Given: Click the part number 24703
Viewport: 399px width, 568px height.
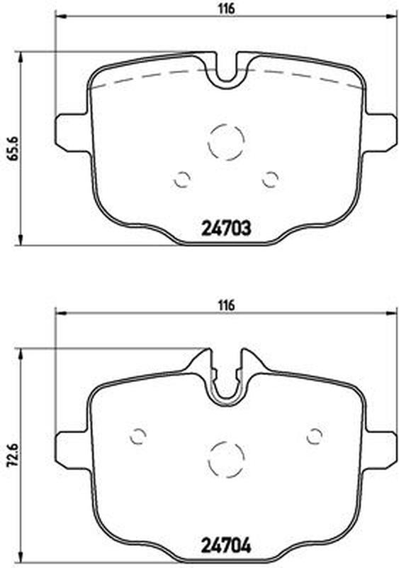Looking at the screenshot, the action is (x=225, y=229).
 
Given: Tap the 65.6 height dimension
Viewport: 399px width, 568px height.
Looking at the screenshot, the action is (x=14, y=148).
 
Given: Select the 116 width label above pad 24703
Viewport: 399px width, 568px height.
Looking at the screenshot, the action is (x=227, y=9).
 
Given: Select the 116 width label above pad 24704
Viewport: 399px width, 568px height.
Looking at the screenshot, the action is (x=227, y=305).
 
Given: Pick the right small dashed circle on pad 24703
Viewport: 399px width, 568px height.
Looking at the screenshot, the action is (x=270, y=179).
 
